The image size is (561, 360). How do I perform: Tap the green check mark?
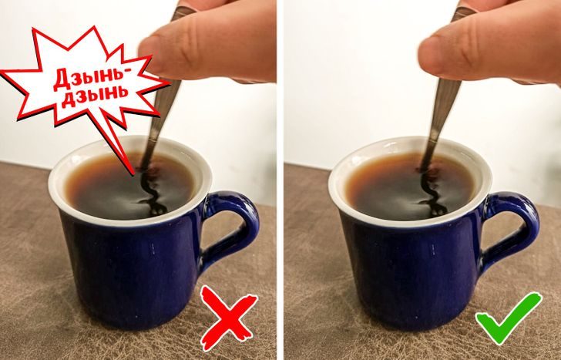(x=508, y=318)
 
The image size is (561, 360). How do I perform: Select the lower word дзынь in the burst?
(x=95, y=96)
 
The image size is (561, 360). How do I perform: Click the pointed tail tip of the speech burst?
(x=134, y=174)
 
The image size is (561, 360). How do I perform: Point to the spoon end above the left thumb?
(x=183, y=11)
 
